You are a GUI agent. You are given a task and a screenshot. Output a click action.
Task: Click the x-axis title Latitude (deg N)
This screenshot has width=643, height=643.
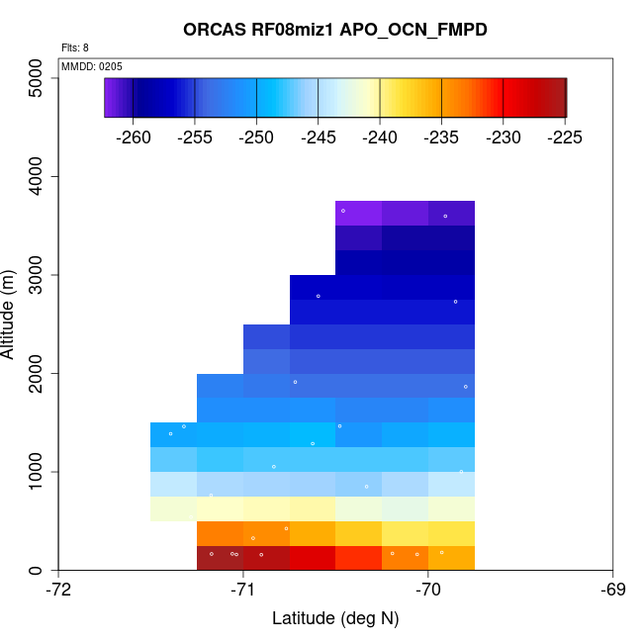click(335, 618)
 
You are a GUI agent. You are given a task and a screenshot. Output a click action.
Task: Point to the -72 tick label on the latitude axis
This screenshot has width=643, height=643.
click(59, 591)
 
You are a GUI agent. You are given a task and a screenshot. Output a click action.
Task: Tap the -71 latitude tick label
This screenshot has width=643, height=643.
click(243, 591)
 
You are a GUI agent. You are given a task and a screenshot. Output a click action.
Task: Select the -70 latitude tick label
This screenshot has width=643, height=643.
click(428, 591)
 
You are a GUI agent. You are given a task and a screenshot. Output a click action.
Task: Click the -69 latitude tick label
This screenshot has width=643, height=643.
click(612, 591)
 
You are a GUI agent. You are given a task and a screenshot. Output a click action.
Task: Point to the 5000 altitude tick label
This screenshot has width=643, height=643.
click(37, 78)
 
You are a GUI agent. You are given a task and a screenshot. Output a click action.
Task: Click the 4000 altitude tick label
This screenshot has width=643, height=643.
click(37, 177)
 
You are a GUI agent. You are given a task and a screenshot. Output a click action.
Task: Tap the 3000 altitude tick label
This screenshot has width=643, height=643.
click(37, 275)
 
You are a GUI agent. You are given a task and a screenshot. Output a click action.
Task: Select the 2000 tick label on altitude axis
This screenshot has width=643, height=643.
click(37, 374)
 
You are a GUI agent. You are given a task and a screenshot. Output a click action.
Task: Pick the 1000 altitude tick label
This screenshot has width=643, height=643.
click(37, 472)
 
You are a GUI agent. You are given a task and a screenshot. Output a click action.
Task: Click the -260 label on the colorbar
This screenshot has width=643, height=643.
click(134, 137)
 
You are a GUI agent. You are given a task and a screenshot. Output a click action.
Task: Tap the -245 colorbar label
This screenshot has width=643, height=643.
click(319, 137)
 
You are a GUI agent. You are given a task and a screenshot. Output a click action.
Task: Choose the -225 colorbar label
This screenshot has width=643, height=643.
click(566, 137)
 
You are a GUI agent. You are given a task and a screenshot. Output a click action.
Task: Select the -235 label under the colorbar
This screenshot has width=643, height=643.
click(442, 137)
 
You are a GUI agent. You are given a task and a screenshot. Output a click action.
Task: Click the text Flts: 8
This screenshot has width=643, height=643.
click(75, 47)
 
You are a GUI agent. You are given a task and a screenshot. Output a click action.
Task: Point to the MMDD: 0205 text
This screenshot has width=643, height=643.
click(91, 66)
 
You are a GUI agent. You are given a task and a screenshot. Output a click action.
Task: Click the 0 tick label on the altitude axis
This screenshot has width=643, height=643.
click(37, 571)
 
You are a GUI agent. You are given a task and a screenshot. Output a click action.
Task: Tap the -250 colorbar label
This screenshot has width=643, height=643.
click(257, 137)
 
